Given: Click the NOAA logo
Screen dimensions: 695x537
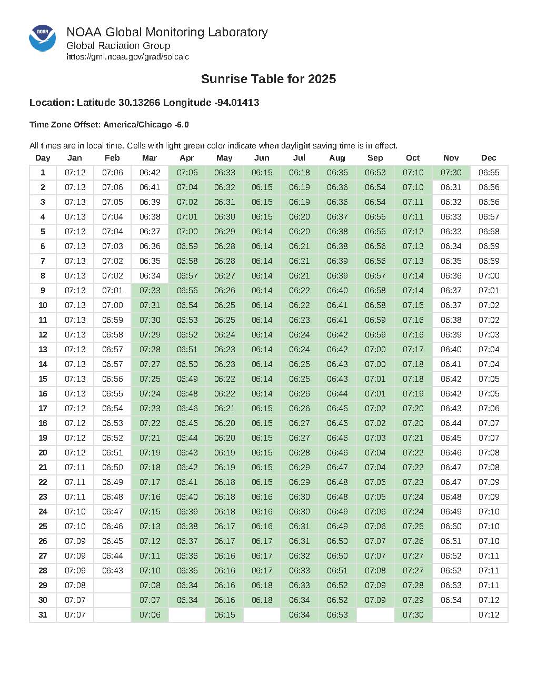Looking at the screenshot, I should coord(42,38).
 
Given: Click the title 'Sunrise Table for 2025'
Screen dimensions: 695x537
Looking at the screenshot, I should coord(268,79).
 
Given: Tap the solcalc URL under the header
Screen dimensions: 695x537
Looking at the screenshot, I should coord(127,57).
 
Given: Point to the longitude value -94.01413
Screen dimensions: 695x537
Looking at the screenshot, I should coord(237,103).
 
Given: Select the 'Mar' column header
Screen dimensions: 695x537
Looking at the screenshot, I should coord(150,158).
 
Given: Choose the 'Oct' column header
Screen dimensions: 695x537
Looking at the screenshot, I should coord(413,158).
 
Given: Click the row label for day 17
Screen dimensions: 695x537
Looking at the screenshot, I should coord(43,409).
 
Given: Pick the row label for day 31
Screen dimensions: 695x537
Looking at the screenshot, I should coord(43,615).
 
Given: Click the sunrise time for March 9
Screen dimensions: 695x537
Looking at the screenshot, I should coord(150,291).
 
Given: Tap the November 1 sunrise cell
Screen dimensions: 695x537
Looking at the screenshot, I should coord(451,173).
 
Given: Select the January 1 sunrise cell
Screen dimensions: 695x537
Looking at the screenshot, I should coord(75,173).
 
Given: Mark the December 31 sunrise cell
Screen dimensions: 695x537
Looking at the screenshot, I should coord(489,615).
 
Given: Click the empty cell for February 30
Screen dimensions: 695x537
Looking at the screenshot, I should coord(112,600).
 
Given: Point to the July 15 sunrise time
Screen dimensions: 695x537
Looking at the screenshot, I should coord(300,379).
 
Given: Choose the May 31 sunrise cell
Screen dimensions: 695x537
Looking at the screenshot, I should coord(225,615).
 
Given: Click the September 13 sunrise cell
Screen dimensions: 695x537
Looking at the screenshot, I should coord(375,350).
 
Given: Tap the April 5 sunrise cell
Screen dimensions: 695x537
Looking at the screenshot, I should coord(187,232).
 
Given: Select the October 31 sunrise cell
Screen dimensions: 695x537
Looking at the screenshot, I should coord(413,615).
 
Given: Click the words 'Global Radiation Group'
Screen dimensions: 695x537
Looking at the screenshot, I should coord(118,46).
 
